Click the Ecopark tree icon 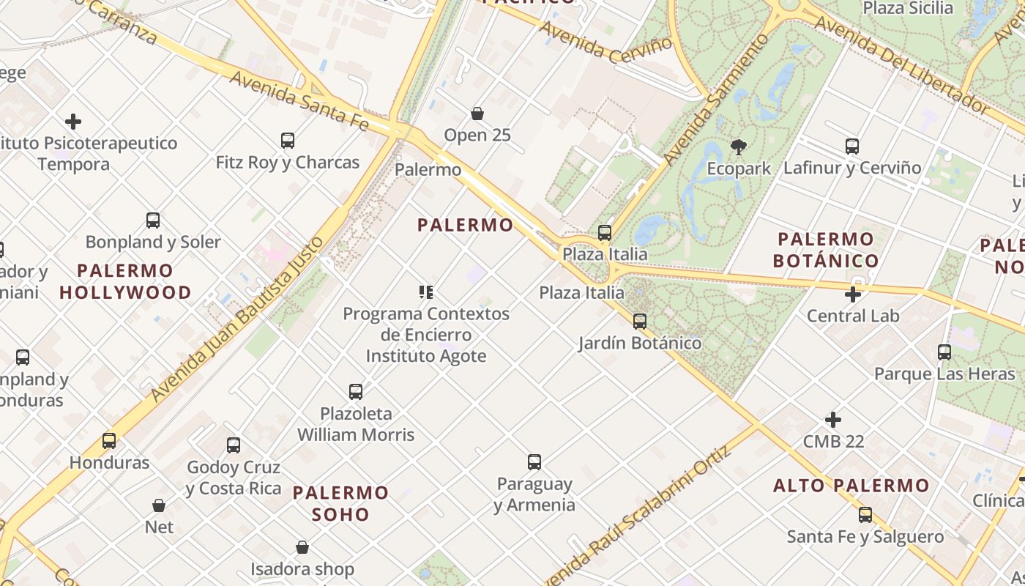click(738, 147)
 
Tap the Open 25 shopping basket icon click(477, 114)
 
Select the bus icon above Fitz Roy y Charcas click(288, 140)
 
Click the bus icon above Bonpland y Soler click(153, 220)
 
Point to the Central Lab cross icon click(853, 294)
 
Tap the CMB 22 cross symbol click(833, 420)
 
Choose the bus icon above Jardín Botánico click(640, 321)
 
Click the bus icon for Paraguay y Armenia click(534, 462)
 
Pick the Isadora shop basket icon click(302, 547)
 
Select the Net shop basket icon click(159, 505)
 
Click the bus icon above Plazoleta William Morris click(356, 391)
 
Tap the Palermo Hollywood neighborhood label click(125, 281)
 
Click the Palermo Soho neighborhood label click(340, 503)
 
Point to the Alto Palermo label click(851, 486)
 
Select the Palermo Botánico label click(826, 250)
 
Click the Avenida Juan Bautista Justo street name click(238, 319)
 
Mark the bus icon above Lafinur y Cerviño click(852, 146)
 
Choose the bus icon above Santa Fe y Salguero click(865, 514)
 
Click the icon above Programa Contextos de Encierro click(426, 293)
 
